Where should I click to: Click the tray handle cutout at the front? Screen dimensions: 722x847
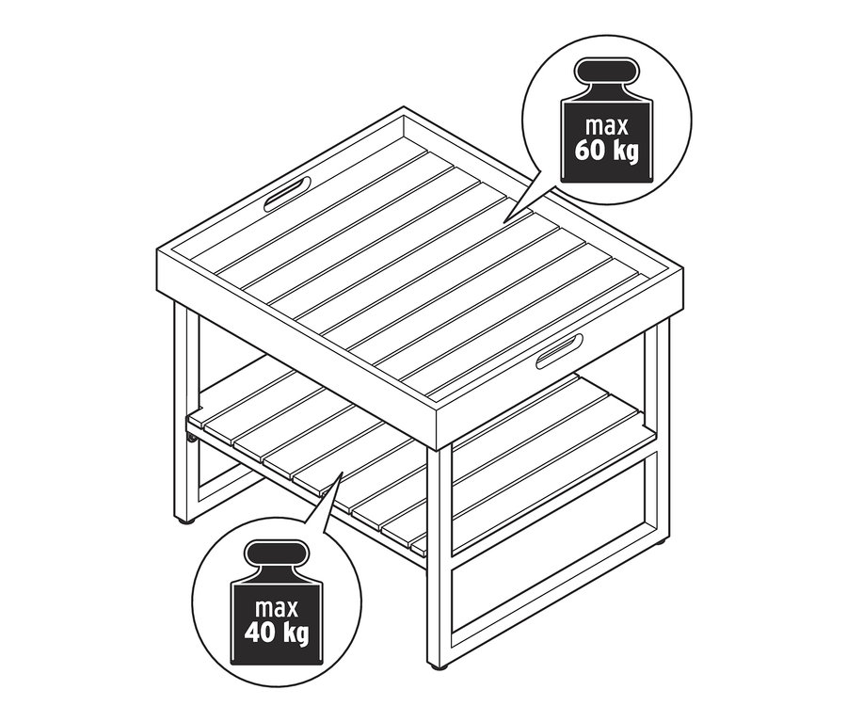click(560, 350)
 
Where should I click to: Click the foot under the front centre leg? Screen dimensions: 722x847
click(437, 666)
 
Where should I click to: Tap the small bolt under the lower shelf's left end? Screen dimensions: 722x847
click(192, 437)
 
